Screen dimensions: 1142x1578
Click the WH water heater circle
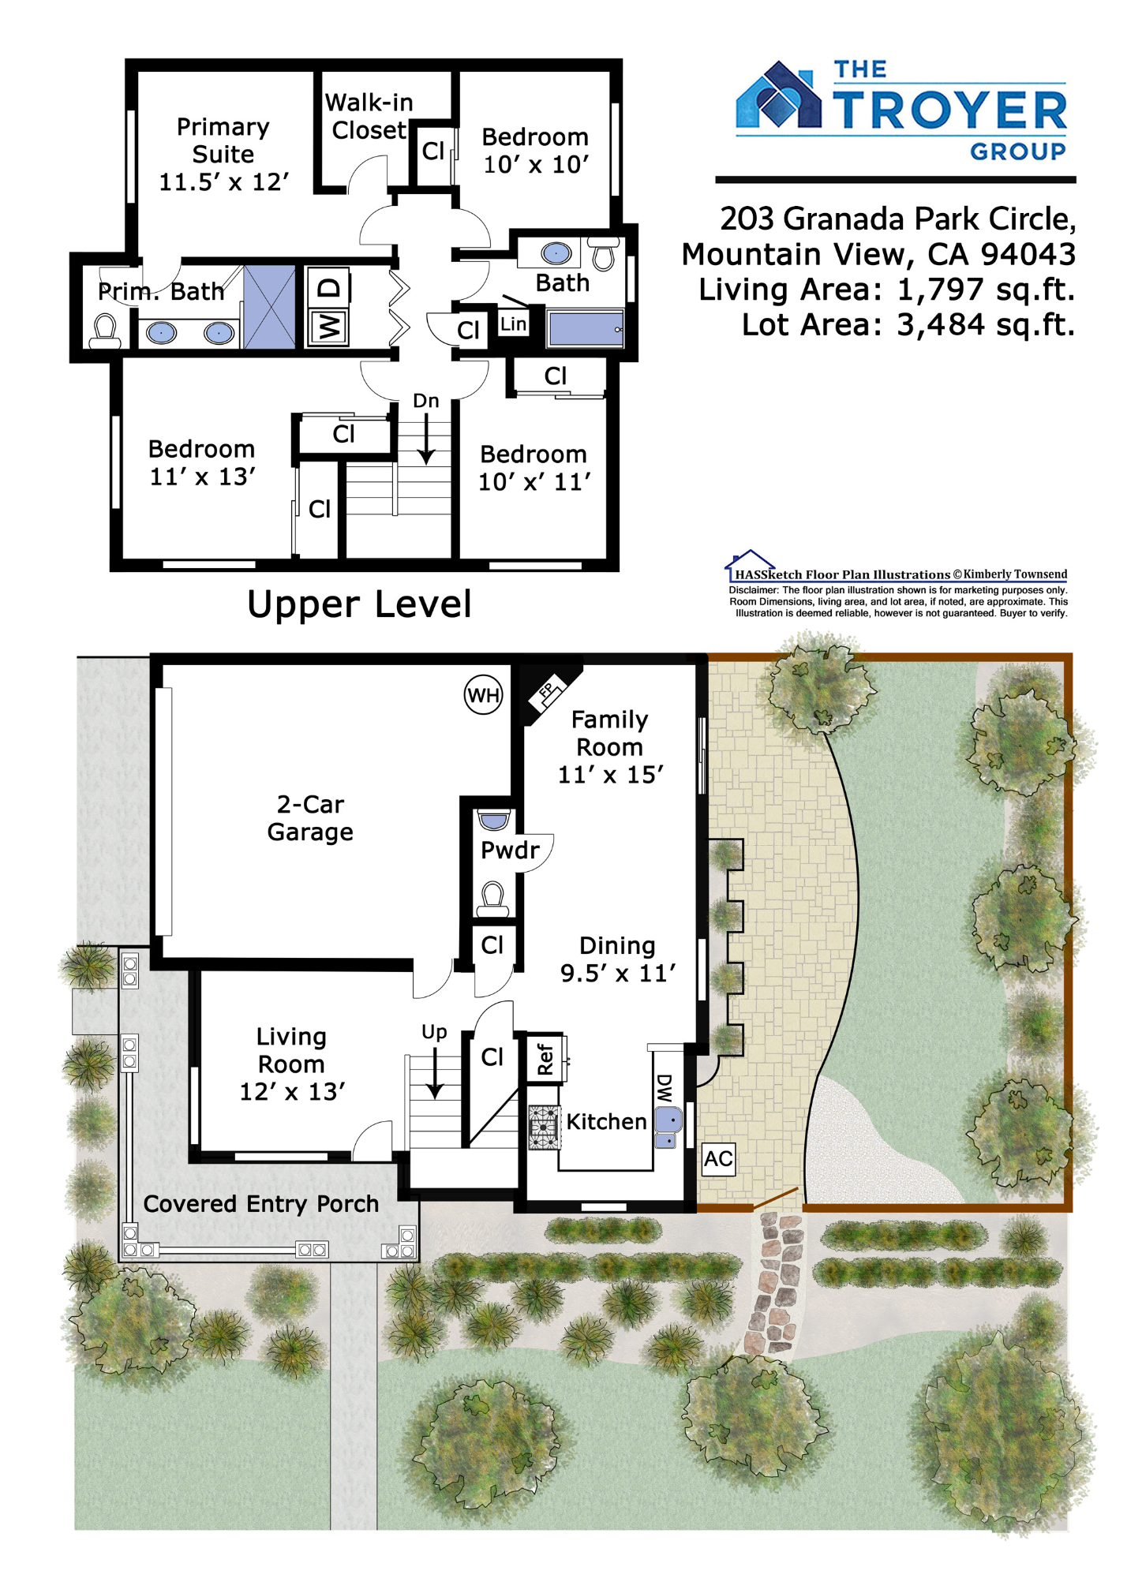coord(483,694)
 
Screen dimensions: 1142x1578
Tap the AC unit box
coord(718,1159)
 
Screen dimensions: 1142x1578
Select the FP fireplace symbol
coord(549,693)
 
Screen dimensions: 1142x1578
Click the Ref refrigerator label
coord(545,1059)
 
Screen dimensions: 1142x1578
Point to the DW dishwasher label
coord(665,1088)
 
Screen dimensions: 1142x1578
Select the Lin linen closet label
coord(513,323)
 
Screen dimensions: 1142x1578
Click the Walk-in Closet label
coord(368,116)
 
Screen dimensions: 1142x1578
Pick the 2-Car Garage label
coord(310,818)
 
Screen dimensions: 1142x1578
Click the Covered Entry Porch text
coord(260,1204)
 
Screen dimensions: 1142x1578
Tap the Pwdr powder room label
coord(510,850)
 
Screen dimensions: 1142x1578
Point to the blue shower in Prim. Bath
coord(269,307)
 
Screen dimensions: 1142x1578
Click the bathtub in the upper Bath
coord(586,329)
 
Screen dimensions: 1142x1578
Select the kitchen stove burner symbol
coord(544,1127)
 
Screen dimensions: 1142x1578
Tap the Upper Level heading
coord(359,605)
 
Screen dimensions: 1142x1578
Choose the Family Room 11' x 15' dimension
coord(611,775)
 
